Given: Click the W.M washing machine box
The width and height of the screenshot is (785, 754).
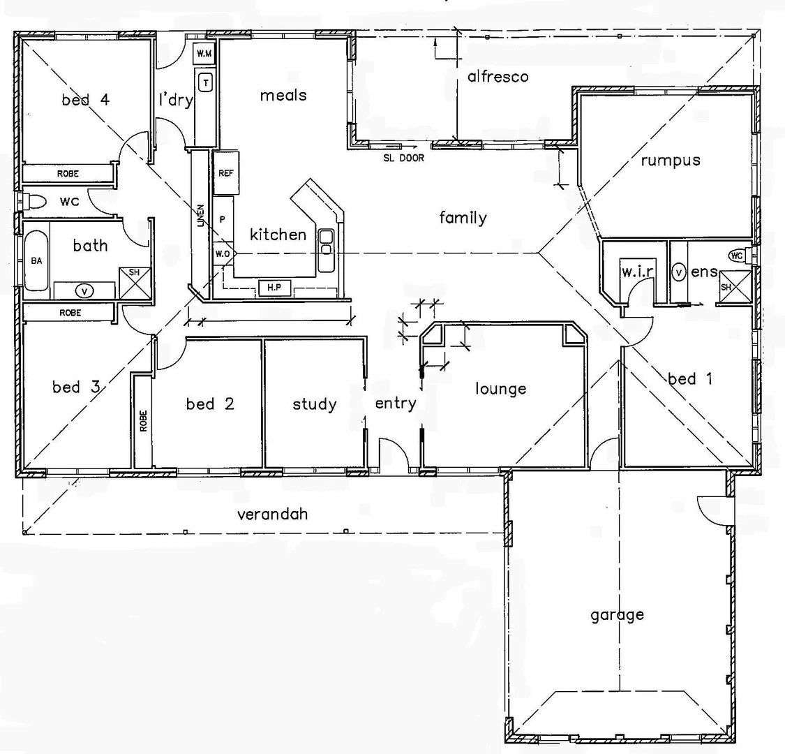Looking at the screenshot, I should tap(204, 54).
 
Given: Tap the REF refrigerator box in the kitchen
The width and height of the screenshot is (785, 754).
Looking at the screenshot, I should tap(226, 173).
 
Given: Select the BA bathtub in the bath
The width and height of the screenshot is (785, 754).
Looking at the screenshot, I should tap(36, 260).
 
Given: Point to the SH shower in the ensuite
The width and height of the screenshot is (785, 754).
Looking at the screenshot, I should tap(726, 287).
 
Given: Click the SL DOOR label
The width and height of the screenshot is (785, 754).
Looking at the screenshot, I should tap(403, 158).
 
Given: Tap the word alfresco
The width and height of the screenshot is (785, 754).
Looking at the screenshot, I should tap(498, 77).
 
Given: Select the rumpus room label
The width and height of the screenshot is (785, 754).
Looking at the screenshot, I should tap(670, 161).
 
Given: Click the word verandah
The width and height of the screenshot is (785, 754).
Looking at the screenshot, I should tap(272, 515).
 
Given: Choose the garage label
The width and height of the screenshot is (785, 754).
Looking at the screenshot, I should tap(617, 615).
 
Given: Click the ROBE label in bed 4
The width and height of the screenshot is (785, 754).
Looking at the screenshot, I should tap(68, 173).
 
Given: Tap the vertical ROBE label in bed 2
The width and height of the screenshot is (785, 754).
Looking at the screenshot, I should tap(143, 420).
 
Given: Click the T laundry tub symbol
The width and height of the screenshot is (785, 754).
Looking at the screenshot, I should tap(206, 83).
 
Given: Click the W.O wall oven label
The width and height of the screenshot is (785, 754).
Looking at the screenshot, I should tap(223, 253).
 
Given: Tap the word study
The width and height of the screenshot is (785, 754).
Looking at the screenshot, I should tap(314, 404).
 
